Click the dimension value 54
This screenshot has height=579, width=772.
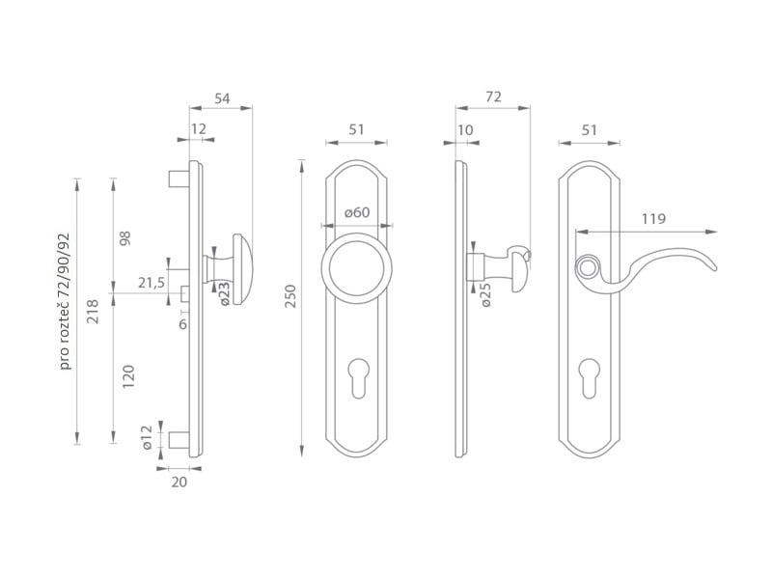[x=222, y=98]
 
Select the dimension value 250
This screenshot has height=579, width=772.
[x=291, y=296]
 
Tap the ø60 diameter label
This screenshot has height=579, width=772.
[x=357, y=212]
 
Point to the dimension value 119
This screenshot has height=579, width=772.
[x=653, y=219]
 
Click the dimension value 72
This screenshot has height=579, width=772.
[x=493, y=97]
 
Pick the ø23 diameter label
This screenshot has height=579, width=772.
[x=224, y=293]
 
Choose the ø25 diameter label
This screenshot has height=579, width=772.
[x=485, y=295]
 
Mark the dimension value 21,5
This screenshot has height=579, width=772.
[x=152, y=283]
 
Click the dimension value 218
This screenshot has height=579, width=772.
[x=93, y=312]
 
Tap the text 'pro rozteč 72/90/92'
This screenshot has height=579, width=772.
[x=65, y=301]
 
